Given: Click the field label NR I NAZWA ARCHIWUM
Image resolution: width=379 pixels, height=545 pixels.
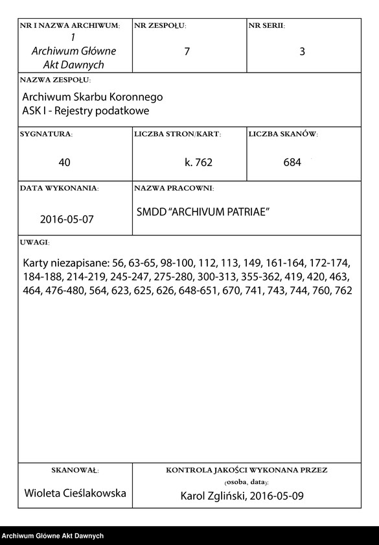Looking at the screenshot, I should click(69, 26).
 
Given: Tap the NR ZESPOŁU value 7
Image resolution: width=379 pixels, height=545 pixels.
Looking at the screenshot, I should click(187, 52).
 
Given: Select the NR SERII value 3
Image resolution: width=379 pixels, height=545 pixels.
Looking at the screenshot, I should click(302, 52).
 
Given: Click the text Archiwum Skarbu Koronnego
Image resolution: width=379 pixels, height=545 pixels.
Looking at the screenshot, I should click(93, 97).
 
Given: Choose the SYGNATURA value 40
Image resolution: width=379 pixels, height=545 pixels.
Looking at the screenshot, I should click(64, 162).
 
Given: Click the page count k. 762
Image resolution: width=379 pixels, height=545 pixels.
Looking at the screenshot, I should click(198, 162).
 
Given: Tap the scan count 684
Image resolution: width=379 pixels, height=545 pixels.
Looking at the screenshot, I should click(292, 162).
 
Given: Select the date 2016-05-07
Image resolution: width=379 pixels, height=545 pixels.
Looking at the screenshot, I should click(67, 219).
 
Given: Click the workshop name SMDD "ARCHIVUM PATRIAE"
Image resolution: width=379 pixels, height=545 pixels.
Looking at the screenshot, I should click(203, 212).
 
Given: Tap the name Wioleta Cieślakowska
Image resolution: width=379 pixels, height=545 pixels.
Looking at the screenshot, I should click(75, 493).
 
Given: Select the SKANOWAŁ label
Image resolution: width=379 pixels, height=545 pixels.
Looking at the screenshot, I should click(75, 469).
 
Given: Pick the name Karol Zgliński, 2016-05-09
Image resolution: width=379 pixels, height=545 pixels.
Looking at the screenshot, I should click(242, 497).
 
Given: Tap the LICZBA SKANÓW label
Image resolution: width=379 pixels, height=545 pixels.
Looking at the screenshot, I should click(282, 134).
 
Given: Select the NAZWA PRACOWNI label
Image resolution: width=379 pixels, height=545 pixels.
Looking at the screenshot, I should click(174, 188).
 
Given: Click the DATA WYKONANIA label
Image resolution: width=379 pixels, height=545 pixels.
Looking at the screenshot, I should click(59, 188).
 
